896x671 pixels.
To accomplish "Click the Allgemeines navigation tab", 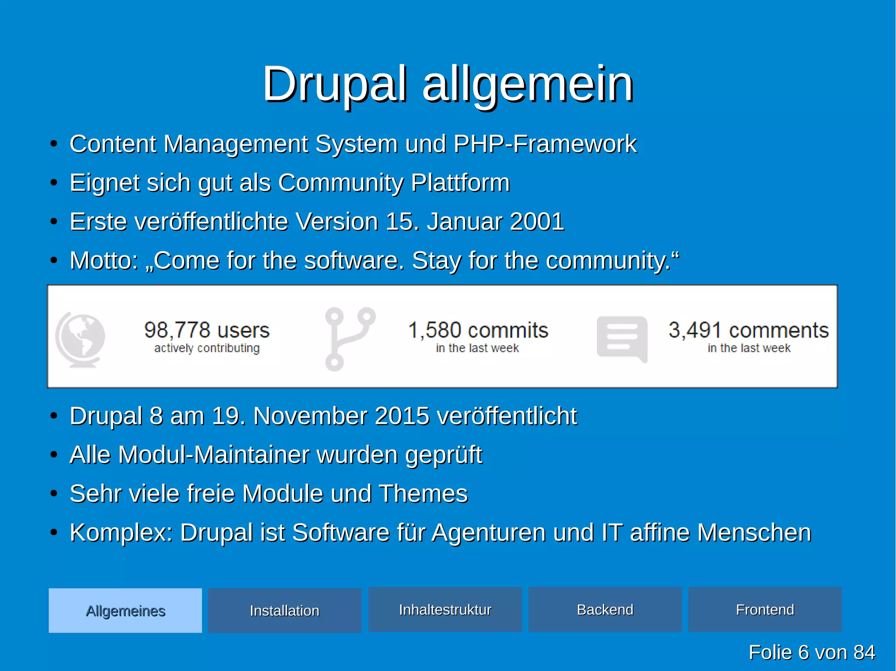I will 125,610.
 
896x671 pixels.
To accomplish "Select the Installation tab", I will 284,610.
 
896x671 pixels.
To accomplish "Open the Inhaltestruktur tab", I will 445,609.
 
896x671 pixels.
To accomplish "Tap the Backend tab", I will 605,609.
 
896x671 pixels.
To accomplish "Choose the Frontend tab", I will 765,609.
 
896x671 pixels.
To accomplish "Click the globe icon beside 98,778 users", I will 80,339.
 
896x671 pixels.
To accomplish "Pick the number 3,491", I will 695,330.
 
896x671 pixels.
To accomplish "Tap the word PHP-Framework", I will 545,144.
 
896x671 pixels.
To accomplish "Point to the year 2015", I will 402,416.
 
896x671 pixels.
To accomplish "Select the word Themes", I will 423,494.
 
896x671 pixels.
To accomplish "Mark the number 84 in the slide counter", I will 864,652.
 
